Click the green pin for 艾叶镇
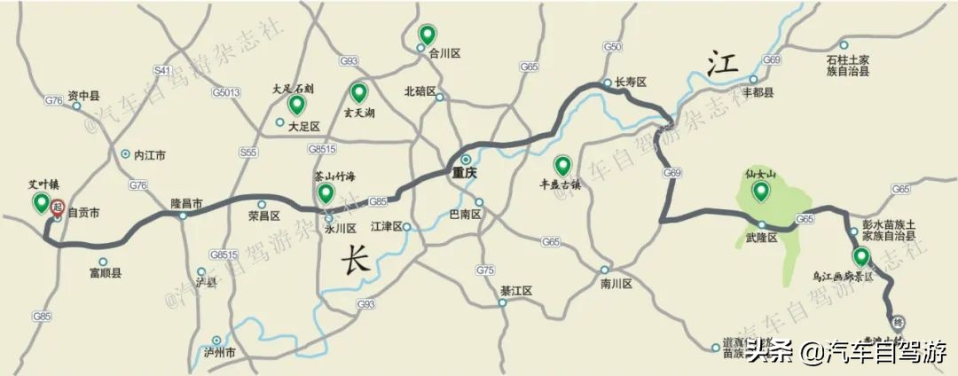[41, 203]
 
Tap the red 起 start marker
[58, 208]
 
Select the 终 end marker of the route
[898, 322]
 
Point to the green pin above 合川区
[427, 35]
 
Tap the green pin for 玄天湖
[359, 92]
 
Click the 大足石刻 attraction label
[293, 90]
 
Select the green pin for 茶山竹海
[326, 193]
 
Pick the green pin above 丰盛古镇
[562, 166]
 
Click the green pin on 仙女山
[760, 190]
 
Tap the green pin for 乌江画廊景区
[860, 257]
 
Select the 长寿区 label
[631, 82]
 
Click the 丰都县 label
[758, 92]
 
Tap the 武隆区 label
[761, 238]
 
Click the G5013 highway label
[226, 91]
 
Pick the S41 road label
[161, 69]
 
